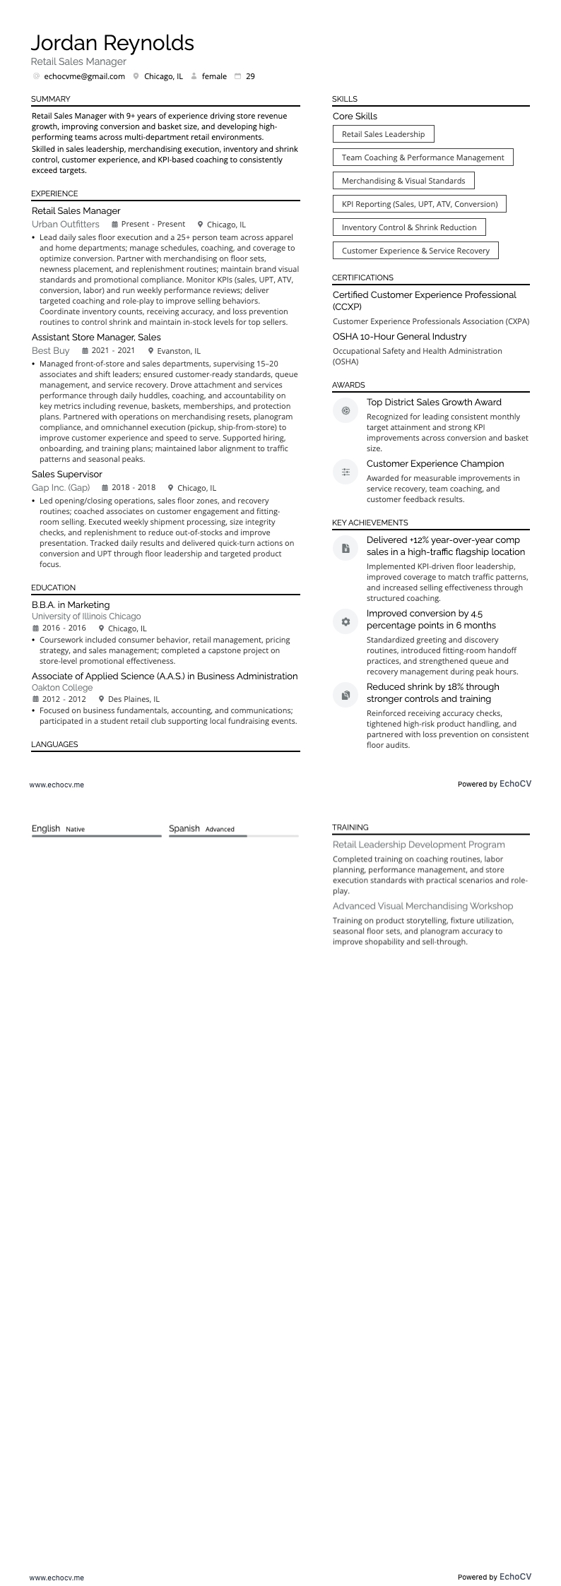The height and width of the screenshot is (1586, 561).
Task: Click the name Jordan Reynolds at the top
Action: pyautogui.click(x=112, y=43)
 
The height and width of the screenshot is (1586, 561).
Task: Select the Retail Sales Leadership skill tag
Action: pyautogui.click(x=383, y=134)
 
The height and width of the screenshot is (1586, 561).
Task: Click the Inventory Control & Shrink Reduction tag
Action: pyautogui.click(x=409, y=227)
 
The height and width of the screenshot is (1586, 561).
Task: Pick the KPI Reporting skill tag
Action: pyautogui.click(x=420, y=204)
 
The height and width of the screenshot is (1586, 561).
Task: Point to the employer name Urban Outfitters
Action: pyautogui.click(x=66, y=225)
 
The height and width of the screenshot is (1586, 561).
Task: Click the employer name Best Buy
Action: pyautogui.click(x=50, y=351)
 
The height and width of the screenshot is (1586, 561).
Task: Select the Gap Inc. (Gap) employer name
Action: pyautogui.click(x=61, y=488)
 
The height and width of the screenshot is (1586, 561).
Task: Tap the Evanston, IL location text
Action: pyautogui.click(x=179, y=351)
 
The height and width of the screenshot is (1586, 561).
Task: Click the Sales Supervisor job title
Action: pyautogui.click(x=67, y=475)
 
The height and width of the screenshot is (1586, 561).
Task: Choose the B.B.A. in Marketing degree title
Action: pyautogui.click(x=71, y=605)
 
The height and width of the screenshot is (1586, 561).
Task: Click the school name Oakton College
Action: pyautogui.click(x=62, y=688)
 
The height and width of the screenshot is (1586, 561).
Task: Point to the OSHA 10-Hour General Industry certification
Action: pyautogui.click(x=399, y=337)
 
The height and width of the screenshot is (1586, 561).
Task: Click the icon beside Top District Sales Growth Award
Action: pyautogui.click(x=346, y=410)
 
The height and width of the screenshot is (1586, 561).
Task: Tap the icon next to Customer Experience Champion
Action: pyautogui.click(x=346, y=472)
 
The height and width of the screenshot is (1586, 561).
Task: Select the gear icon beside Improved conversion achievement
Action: pyautogui.click(x=346, y=622)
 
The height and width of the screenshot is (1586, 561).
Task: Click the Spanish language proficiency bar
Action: pyautogui.click(x=233, y=836)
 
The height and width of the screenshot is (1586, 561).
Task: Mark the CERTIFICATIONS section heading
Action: pyautogui.click(x=362, y=278)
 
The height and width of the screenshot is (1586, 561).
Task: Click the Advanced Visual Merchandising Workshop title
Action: pyautogui.click(x=423, y=906)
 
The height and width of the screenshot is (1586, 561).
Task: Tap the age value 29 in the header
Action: pyautogui.click(x=250, y=76)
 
